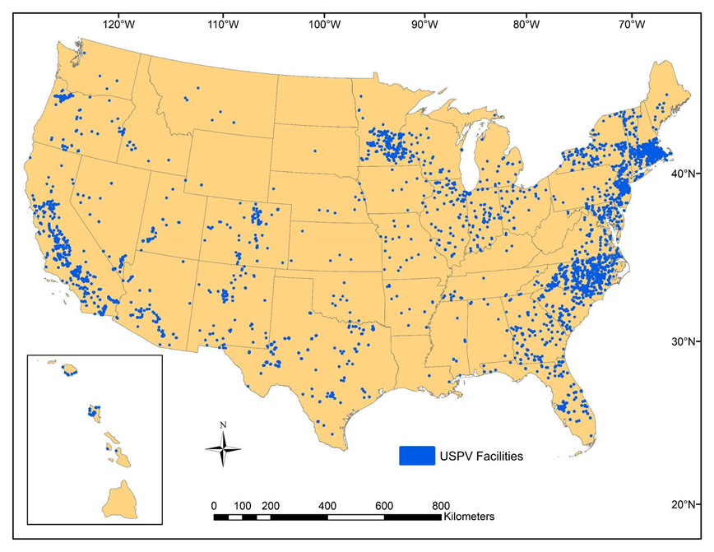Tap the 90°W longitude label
[x=424, y=25]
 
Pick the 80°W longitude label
[x=526, y=25]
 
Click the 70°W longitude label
[x=631, y=25]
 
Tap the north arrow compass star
[x=223, y=449]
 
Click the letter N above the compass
[x=223, y=425]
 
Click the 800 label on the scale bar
[x=440, y=505]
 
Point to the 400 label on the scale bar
[x=327, y=505]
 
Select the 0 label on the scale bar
[x=215, y=505]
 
